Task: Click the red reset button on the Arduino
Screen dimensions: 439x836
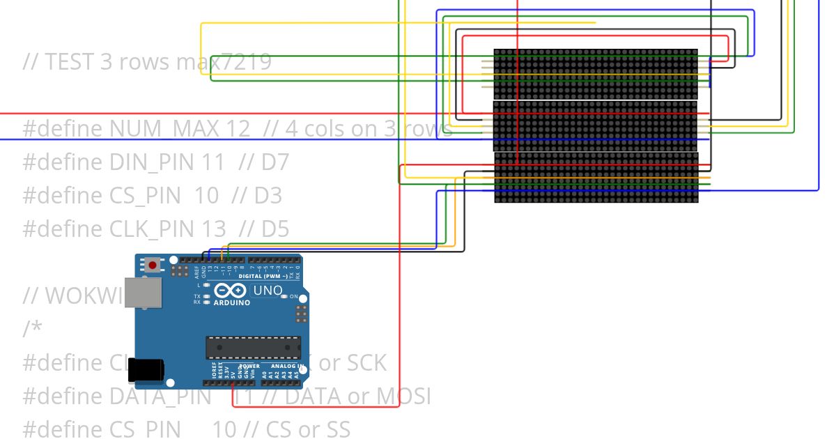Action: click(x=152, y=265)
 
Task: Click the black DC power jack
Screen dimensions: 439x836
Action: click(x=146, y=370)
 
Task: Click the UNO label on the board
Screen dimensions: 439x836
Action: click(x=268, y=291)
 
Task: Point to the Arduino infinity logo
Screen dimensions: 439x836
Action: click(x=231, y=291)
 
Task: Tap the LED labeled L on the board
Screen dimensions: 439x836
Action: click(x=207, y=286)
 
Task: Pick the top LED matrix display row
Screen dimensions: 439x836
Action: click(x=596, y=75)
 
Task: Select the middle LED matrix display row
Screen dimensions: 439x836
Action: click(x=596, y=125)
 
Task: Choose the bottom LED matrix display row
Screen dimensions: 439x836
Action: click(x=596, y=178)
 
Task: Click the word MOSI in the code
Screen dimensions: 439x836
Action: click(x=403, y=396)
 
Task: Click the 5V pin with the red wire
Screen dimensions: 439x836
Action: click(x=233, y=383)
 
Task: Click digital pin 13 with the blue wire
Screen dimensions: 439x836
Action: click(x=210, y=259)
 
